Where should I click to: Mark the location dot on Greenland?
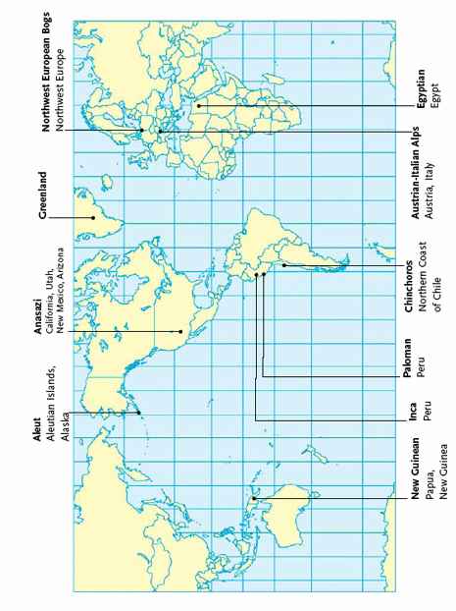coord(93,217)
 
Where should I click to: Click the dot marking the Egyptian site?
coord(199,106)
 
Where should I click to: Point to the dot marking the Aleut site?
coord(139,413)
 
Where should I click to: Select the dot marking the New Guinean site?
coord(254,499)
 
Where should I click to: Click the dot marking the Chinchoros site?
coord(284,265)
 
